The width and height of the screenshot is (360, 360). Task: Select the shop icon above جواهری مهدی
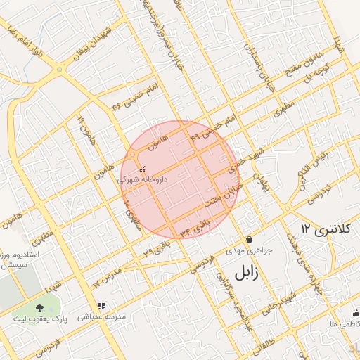(249, 239)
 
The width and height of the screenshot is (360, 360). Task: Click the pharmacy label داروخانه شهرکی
(143, 179)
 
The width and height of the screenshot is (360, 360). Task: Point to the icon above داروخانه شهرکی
(143, 169)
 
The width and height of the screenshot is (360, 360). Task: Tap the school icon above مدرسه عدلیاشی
(102, 307)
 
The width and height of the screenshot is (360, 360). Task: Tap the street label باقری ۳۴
(195, 226)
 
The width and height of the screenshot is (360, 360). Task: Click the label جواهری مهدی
(245, 251)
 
